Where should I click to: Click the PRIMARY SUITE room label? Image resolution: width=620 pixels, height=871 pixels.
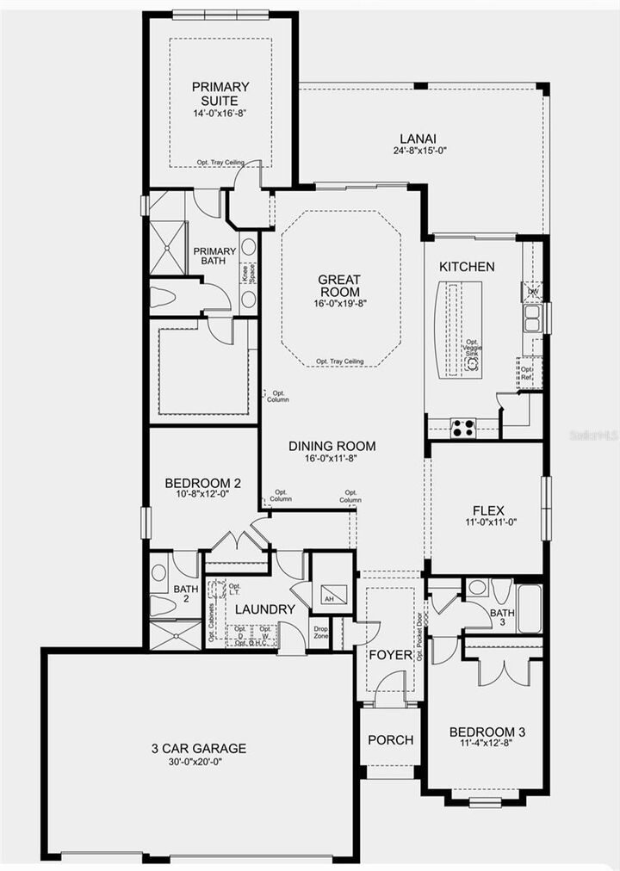[x=220, y=93]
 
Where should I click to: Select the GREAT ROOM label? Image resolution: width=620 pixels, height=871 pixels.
[x=339, y=286]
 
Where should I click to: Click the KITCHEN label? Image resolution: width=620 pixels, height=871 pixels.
[x=467, y=266]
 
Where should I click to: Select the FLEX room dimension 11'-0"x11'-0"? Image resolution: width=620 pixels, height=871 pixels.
[x=487, y=522]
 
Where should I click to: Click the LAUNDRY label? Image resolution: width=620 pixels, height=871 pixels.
[x=265, y=609]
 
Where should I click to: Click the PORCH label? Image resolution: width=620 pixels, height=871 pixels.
[x=390, y=740]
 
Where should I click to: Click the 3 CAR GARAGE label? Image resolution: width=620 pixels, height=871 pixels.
[x=198, y=748]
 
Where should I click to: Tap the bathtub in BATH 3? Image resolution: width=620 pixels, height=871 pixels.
[x=528, y=608]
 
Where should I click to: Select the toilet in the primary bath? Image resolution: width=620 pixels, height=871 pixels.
[x=164, y=298]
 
